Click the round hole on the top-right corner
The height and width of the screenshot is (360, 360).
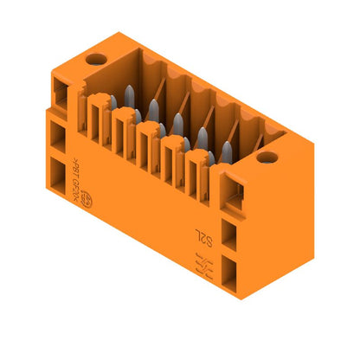click(267, 157)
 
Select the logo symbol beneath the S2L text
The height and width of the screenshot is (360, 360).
click(202, 262)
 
